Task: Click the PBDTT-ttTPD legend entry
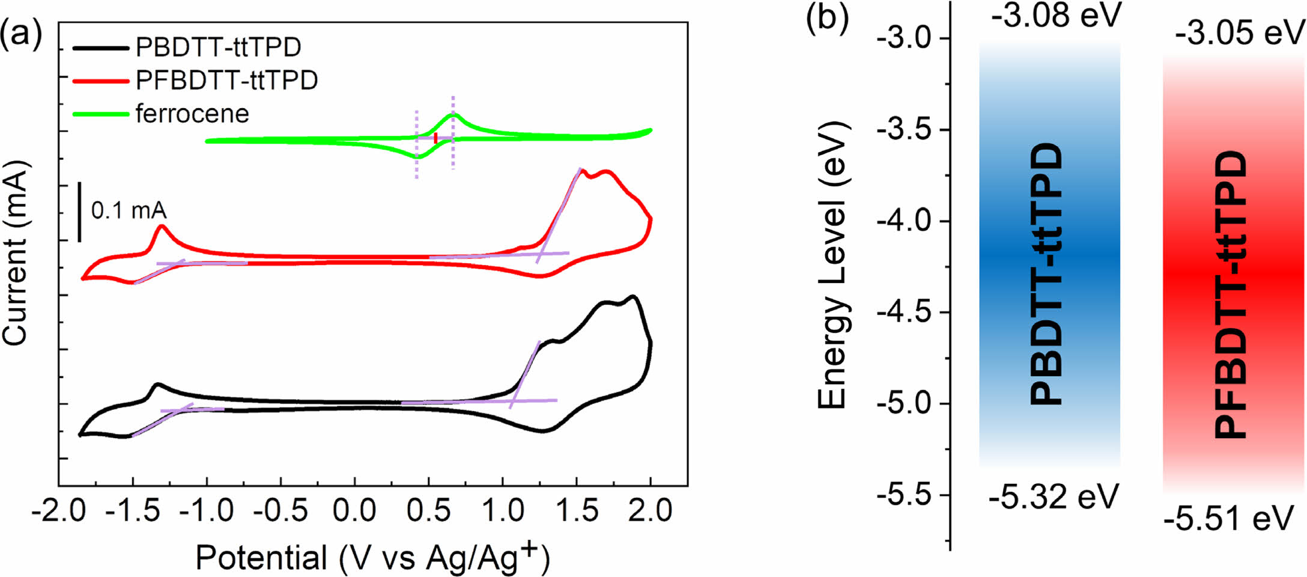(217, 47)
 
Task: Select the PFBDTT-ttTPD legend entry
(226, 81)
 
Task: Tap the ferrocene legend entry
(192, 114)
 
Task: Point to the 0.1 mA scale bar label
(129, 210)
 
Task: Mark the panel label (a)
(22, 35)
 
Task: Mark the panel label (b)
(827, 18)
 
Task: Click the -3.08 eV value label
(1056, 16)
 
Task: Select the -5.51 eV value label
(1228, 519)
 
